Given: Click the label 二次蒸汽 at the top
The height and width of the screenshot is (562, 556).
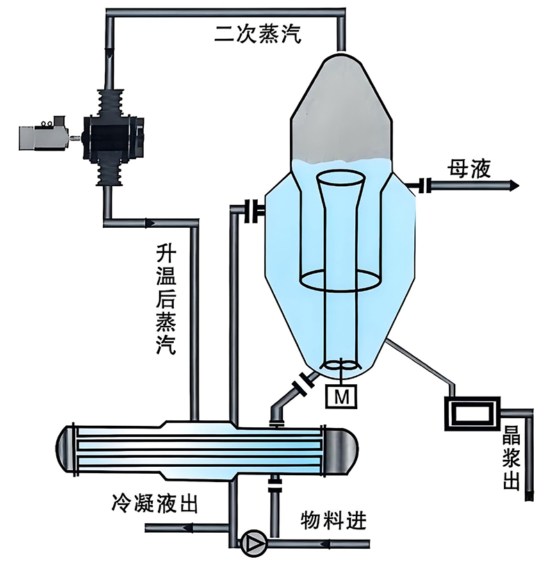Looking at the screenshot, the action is coord(258,34).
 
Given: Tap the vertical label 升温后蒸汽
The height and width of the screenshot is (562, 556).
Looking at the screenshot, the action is coord(166,299).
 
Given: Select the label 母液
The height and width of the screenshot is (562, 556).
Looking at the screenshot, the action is coord(468,168).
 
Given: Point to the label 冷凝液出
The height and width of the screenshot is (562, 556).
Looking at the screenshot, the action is coord(154,504).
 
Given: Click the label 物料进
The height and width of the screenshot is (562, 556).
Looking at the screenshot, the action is coord(334,520).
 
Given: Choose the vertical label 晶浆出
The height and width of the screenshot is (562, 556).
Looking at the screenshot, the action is coord(512,458).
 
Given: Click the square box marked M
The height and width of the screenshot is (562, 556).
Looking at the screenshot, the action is coord(341,397).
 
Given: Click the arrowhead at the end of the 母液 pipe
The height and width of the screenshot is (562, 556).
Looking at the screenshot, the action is coord(515,185).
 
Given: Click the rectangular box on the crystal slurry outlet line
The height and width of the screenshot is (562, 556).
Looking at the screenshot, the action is coord(473,413).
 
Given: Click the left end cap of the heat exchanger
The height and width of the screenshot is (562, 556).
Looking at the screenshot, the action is coord(65,449).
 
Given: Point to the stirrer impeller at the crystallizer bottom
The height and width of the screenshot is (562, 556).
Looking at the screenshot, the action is coord(340,365).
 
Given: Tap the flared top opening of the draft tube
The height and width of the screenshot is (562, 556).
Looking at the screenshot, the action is coord(341,178).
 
